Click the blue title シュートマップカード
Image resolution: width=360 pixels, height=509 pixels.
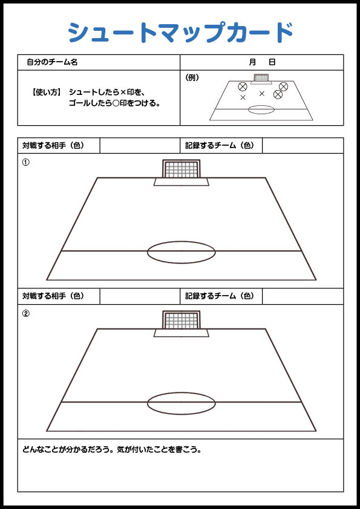[x=181, y=32]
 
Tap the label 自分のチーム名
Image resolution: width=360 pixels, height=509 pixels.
[x=52, y=62]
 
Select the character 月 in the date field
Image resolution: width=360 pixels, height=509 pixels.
[x=253, y=62]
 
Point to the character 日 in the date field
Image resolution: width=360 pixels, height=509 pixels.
[x=272, y=62]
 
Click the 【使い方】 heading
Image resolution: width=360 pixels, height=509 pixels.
[x=46, y=92]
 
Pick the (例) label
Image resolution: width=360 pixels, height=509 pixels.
[x=192, y=78]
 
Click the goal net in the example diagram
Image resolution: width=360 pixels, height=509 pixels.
[x=261, y=78]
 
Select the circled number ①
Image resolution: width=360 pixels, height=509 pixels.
[x=25, y=162]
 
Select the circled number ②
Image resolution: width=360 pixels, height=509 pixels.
[x=25, y=314]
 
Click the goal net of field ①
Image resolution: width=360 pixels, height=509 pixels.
[x=181, y=169]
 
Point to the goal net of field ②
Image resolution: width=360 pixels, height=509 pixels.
[x=181, y=320]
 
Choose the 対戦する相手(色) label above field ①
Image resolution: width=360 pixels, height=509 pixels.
[x=53, y=146]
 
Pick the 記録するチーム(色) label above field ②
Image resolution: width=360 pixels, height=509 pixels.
[x=220, y=296]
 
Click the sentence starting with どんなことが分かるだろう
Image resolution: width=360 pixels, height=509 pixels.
[x=112, y=450]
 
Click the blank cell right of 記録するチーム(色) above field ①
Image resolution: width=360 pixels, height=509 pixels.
[x=303, y=146]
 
